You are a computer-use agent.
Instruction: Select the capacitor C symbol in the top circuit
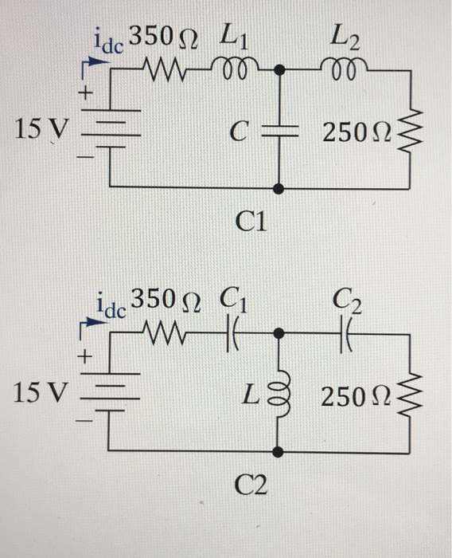click(x=279, y=131)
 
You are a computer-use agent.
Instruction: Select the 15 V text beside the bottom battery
click(x=40, y=392)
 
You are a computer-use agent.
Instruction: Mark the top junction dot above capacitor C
click(x=279, y=71)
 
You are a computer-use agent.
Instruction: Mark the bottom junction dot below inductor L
click(x=278, y=453)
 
